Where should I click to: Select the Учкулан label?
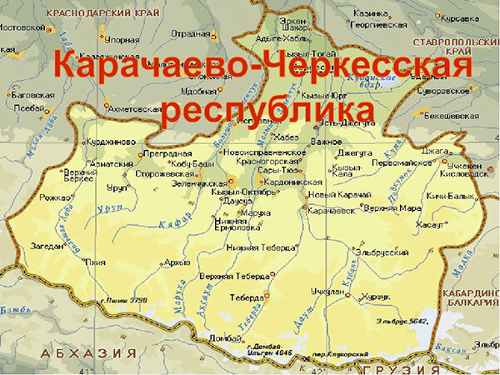click(x=322, y=292)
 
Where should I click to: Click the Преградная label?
click(x=162, y=153)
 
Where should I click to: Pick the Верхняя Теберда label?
click(x=233, y=276)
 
